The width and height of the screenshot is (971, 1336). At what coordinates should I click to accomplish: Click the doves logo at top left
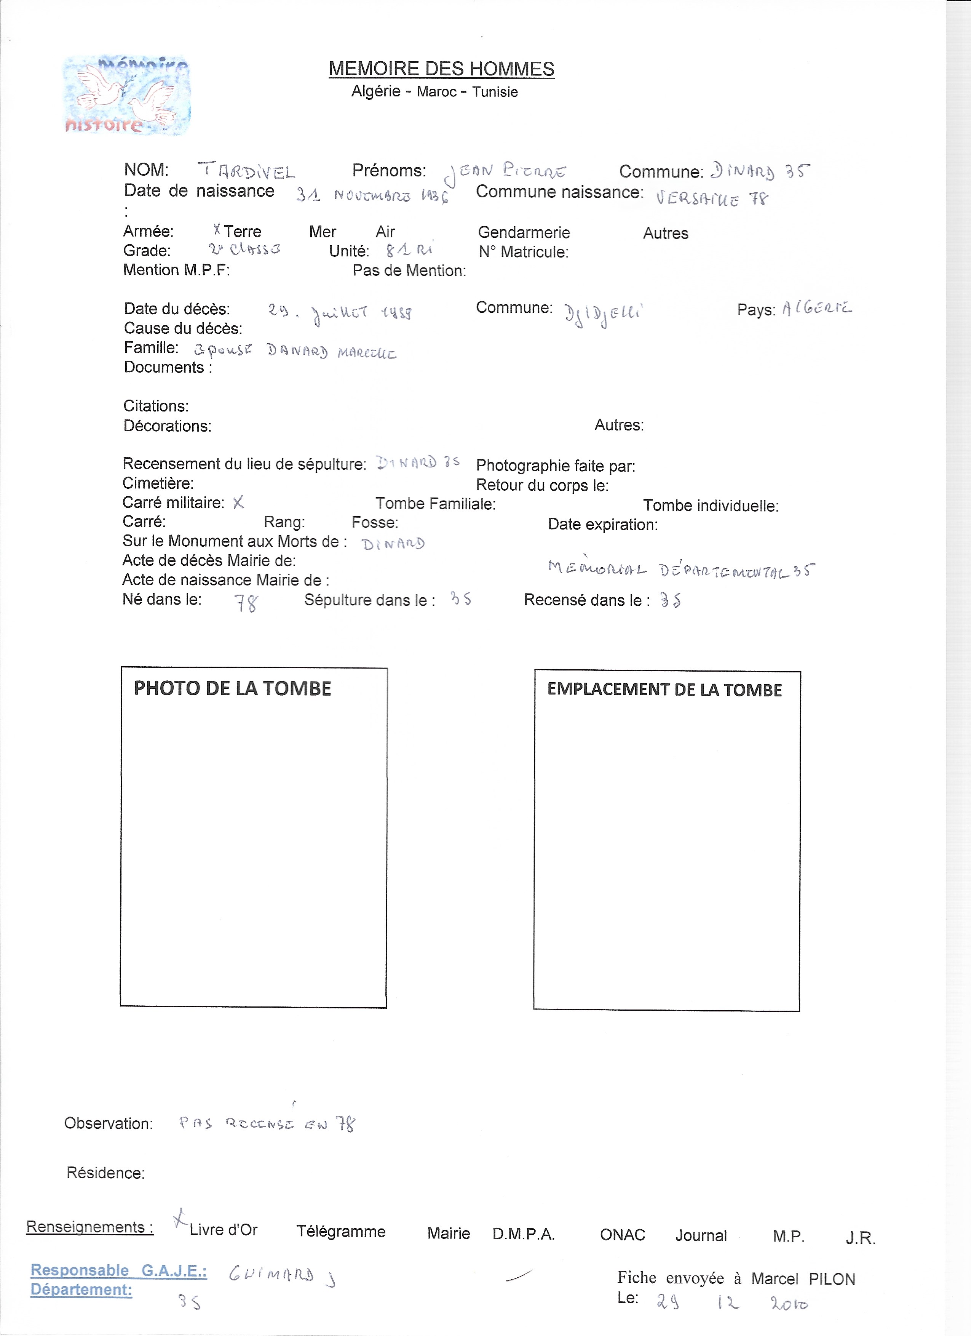pyautogui.click(x=126, y=95)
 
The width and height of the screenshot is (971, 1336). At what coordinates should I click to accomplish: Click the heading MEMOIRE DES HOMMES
pyautogui.click(x=441, y=69)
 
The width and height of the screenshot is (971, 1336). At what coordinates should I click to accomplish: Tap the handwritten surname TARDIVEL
pyautogui.click(x=246, y=171)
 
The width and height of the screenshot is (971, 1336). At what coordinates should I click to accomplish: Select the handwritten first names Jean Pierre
pyautogui.click(x=505, y=172)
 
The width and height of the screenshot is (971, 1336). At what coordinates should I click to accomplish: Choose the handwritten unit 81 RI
pyautogui.click(x=409, y=250)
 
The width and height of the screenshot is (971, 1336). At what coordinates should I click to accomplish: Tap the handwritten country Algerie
pyautogui.click(x=816, y=308)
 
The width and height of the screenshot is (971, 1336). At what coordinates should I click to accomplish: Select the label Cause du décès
pyautogui.click(x=182, y=328)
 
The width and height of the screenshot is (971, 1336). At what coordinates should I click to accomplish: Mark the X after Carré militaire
pyautogui.click(x=238, y=502)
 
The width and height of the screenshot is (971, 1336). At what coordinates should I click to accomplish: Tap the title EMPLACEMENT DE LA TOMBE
pyautogui.click(x=664, y=690)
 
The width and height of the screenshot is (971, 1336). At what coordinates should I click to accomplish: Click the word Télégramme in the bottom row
pyautogui.click(x=340, y=1231)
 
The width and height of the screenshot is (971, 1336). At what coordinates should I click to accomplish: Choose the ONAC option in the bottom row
pyautogui.click(x=623, y=1234)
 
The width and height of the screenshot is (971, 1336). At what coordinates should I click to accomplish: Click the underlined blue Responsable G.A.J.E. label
pyautogui.click(x=118, y=1270)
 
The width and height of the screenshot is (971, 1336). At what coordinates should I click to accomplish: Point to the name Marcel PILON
pyautogui.click(x=803, y=1279)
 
